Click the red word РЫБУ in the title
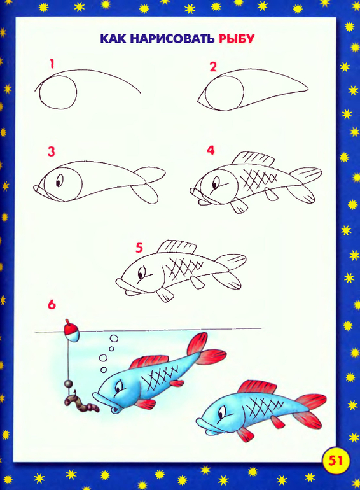(237, 39)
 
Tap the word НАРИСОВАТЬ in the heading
(172, 39)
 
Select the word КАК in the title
(113, 39)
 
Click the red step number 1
(52, 64)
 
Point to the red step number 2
(213, 67)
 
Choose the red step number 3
(52, 151)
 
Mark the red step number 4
(211, 150)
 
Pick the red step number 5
(139, 248)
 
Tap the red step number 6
(52, 304)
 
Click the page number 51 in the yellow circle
(335, 460)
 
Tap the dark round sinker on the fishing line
(69, 383)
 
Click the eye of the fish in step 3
(59, 180)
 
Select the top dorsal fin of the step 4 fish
(254, 159)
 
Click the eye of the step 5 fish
(142, 273)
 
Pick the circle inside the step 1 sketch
(59, 93)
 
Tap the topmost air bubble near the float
(114, 339)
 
